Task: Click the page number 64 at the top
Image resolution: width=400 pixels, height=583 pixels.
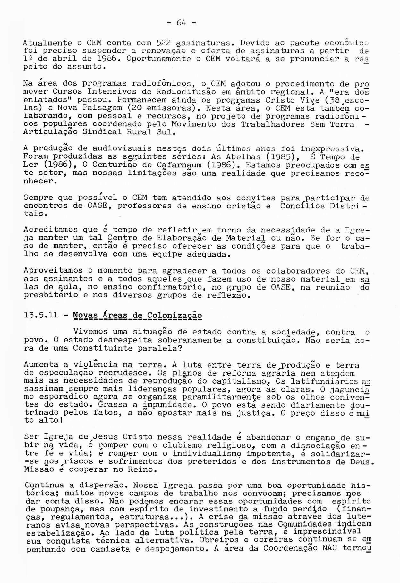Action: [x=181, y=23]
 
